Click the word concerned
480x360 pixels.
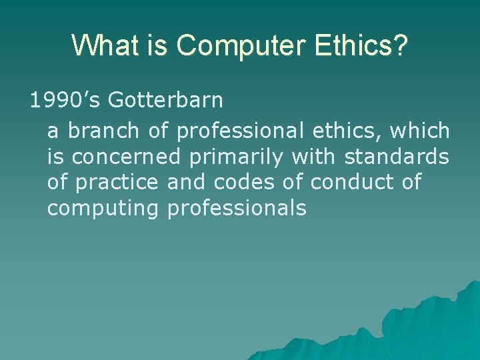click(x=126, y=157)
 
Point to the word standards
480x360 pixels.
click(x=397, y=157)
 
